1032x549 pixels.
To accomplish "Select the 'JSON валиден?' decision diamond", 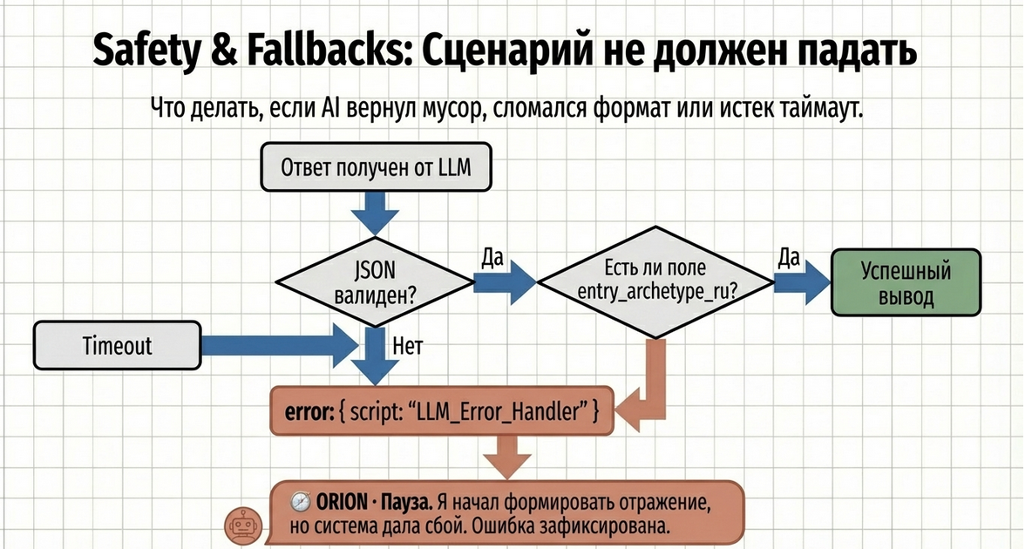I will click(376, 281).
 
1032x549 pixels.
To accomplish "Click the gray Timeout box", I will click(117, 345).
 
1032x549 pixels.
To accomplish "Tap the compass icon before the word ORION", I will click(301, 502).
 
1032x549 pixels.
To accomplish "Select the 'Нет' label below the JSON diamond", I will click(408, 348).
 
